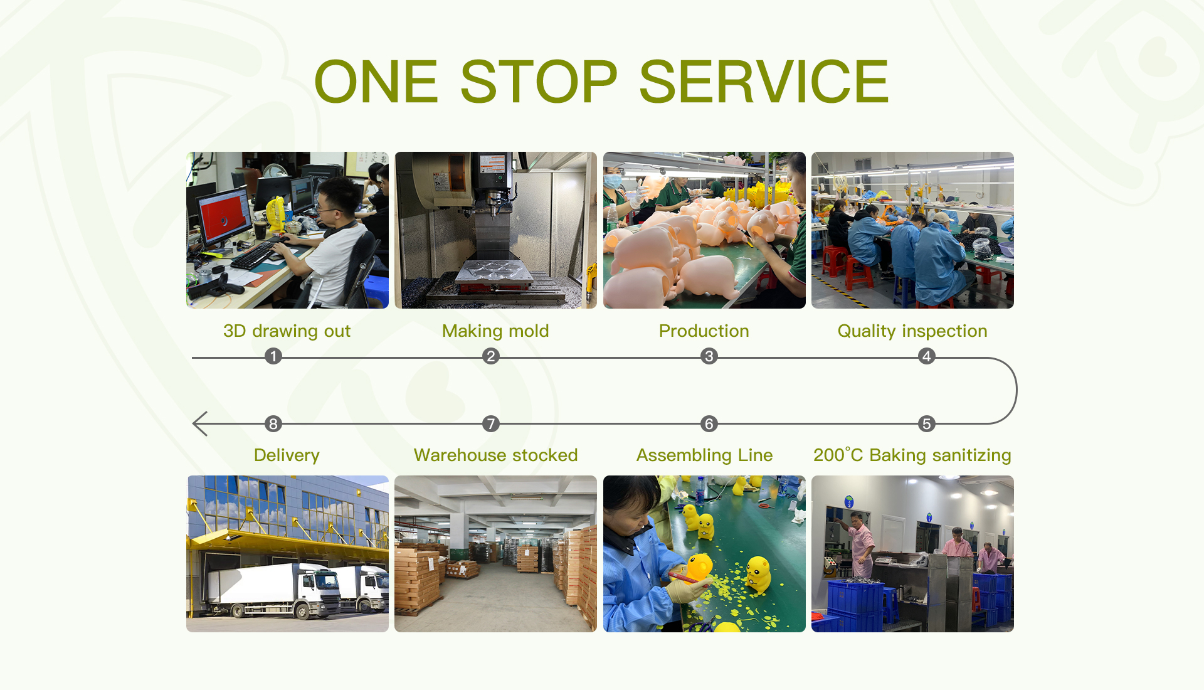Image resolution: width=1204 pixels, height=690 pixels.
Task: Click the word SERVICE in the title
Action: (764, 82)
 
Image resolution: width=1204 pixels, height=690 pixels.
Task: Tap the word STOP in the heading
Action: (539, 82)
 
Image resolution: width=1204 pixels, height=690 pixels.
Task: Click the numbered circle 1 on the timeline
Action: (273, 356)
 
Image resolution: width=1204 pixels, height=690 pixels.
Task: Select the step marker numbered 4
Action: (927, 356)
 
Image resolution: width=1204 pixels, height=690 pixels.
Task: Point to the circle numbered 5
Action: (927, 424)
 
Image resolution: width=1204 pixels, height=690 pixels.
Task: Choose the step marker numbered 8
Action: (273, 424)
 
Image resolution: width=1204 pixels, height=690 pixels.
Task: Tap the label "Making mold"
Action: (495, 331)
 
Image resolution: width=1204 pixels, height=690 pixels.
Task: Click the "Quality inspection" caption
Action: (912, 331)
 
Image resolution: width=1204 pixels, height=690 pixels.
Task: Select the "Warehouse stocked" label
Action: (495, 455)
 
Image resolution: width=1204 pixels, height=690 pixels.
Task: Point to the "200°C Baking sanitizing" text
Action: (912, 455)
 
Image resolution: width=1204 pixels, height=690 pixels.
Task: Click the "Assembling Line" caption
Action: (704, 455)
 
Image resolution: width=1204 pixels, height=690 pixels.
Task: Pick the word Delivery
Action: (287, 455)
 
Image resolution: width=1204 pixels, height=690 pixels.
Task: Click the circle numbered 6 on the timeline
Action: (709, 424)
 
